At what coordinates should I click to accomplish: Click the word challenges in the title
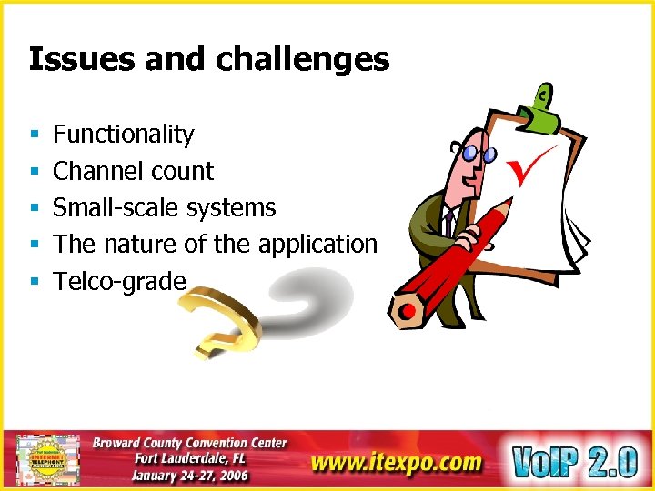pos(302,61)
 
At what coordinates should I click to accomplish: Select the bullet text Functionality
pos(124,135)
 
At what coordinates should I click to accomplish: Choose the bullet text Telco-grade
pos(119,281)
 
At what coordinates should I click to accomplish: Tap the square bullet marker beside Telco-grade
pos(33,282)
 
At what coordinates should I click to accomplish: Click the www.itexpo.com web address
pos(397,462)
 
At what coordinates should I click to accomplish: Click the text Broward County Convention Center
pos(189,444)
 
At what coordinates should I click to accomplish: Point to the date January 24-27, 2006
pos(189,476)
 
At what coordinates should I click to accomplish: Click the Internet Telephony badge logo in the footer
pos(48,459)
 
